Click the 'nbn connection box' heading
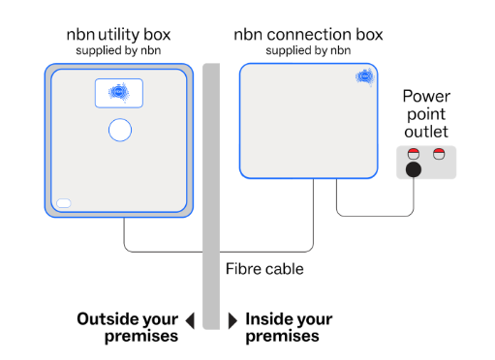(308, 35)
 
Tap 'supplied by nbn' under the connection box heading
(308, 50)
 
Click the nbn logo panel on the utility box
(119, 93)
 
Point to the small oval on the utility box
(64, 203)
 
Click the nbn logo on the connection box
(364, 76)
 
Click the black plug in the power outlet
(415, 171)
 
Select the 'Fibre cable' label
(263, 269)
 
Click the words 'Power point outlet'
(427, 113)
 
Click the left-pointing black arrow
(190, 319)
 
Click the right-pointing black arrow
(232, 319)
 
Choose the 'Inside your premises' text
(289, 327)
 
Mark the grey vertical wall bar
(212, 194)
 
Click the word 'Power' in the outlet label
(427, 96)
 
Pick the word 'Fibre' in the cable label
(242, 269)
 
